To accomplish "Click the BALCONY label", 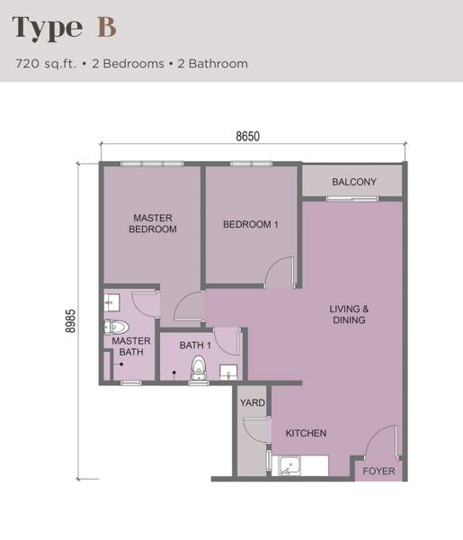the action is coord(354,182).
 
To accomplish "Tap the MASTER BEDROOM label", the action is coord(153,223).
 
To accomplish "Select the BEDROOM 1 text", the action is coord(251,224).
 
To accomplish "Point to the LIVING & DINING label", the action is coord(349,314).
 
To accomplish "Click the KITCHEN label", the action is coord(306,433).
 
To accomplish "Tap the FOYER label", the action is coord(378,471).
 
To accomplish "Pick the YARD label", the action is coord(252,402).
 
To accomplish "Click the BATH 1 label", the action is coord(195,345).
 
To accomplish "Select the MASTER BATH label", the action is coord(131,346).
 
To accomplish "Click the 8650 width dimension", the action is coord(247,137).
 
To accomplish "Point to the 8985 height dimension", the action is coord(70,321).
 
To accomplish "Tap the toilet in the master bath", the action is coord(116,328).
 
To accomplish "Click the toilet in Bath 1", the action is coord(199,368).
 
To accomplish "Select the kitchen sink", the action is coord(289,466).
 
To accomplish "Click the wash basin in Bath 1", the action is coord(228,373).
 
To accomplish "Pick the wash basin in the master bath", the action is coord(111,302).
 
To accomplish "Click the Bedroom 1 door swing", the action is coord(280,272).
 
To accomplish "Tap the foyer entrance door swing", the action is coord(381,442).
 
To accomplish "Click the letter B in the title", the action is coord(106,27).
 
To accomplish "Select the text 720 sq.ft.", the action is coord(46,64).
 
